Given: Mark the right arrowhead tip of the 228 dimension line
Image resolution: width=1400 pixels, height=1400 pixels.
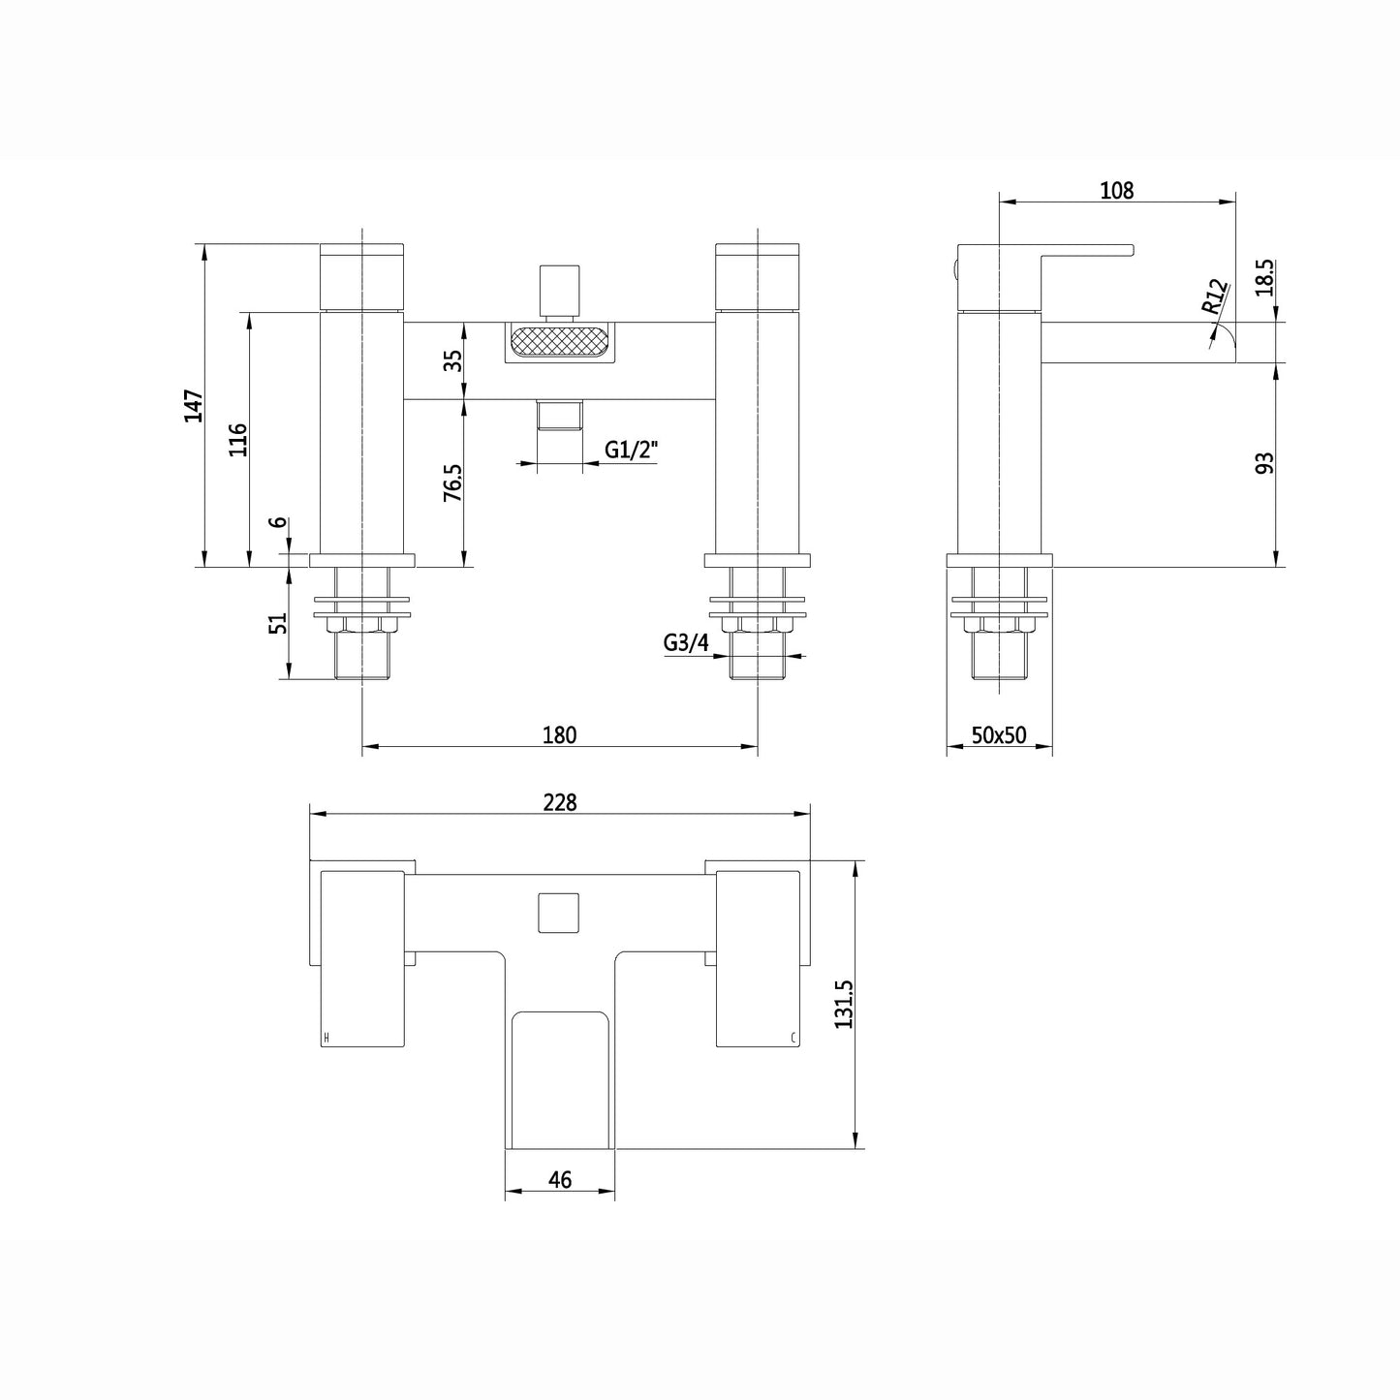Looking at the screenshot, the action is click(810, 814).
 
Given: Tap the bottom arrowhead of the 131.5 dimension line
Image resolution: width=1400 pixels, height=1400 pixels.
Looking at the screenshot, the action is click(856, 1148).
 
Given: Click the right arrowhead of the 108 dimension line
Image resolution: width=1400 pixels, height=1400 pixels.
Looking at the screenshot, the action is click(1235, 202).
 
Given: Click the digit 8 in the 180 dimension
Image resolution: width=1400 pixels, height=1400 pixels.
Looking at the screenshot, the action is click(559, 735).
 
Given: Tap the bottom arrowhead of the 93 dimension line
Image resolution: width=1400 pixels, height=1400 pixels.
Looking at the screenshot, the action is click(1277, 566).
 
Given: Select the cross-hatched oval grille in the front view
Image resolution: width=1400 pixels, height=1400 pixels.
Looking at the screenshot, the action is click(559, 341).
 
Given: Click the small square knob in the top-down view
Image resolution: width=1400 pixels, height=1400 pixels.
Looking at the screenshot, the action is click(559, 913).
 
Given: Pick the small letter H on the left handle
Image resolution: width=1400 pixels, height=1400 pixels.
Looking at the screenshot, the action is click(327, 1039).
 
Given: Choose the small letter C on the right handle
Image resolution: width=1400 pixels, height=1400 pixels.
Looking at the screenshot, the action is click(794, 1039).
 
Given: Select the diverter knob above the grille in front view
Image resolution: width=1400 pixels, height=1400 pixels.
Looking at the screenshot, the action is click(559, 292).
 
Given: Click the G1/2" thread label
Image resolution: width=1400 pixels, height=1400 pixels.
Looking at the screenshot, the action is click(632, 450).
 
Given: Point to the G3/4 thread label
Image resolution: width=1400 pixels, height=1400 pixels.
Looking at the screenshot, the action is click(686, 642).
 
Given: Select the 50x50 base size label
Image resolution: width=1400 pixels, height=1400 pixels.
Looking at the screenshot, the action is click(999, 735).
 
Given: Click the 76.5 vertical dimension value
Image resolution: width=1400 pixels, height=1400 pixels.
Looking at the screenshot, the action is click(451, 482).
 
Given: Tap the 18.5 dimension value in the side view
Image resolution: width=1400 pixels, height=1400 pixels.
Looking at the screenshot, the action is click(1264, 277).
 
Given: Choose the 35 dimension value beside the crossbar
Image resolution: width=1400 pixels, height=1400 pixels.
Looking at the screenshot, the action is click(452, 360).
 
